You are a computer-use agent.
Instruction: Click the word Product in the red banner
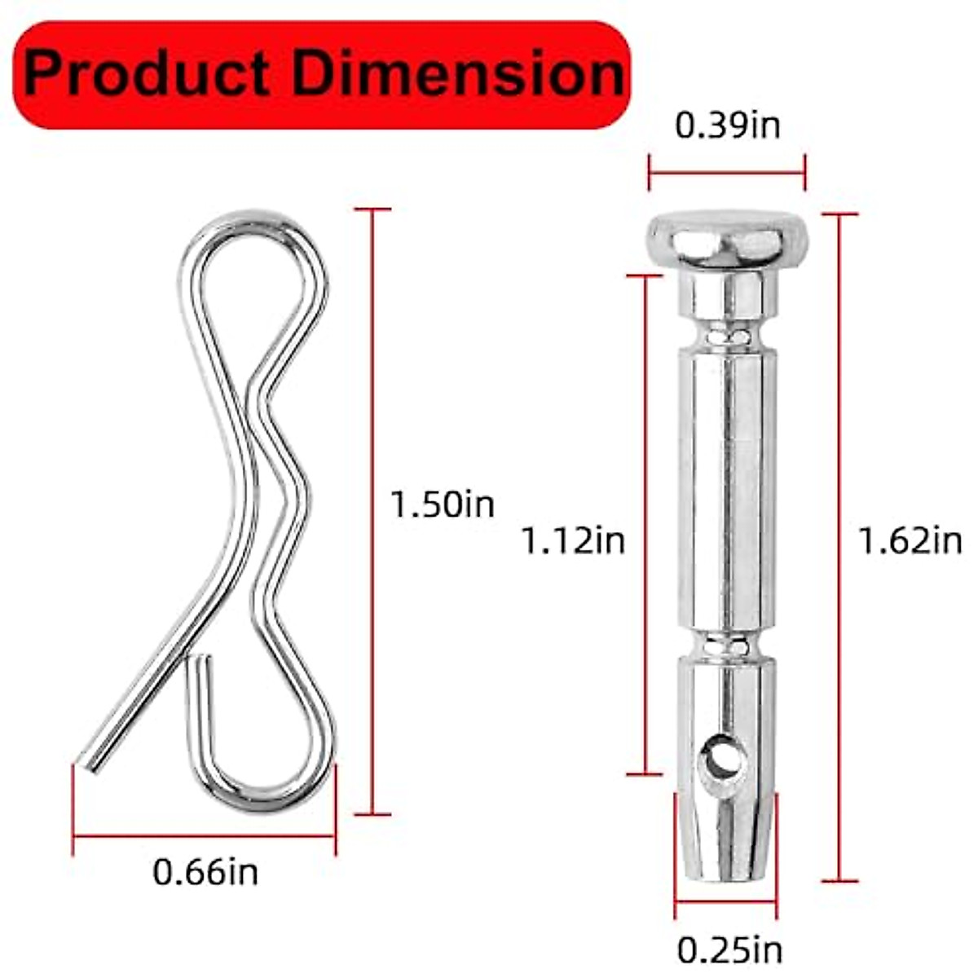(x=147, y=75)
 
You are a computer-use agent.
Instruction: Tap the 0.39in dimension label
(x=727, y=126)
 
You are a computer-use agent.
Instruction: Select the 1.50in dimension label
(x=442, y=504)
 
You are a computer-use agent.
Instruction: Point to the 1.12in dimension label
(x=573, y=540)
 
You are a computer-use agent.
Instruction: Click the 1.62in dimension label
(x=910, y=540)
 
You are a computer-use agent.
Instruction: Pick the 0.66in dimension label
(x=205, y=873)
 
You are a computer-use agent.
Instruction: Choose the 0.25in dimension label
(x=729, y=949)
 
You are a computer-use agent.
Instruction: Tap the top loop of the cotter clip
(x=253, y=244)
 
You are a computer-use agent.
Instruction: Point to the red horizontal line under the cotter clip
(x=204, y=835)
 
